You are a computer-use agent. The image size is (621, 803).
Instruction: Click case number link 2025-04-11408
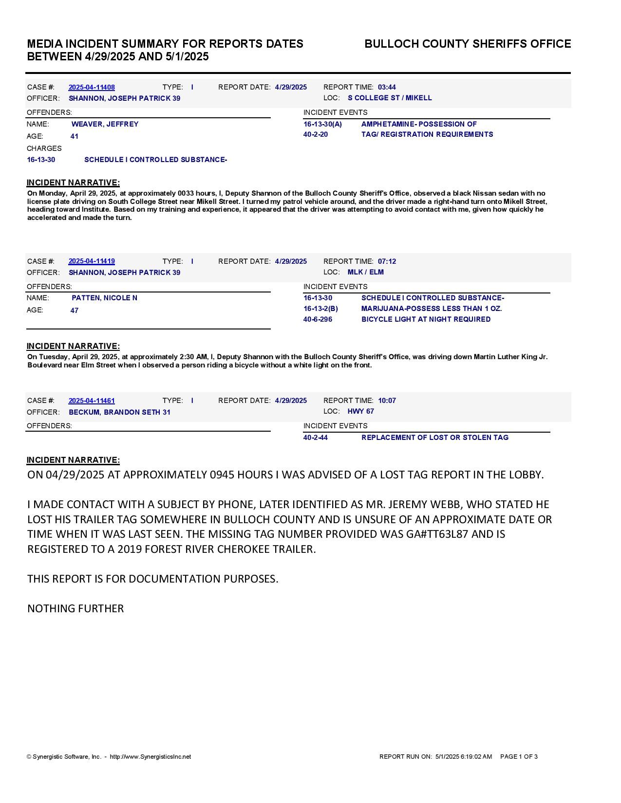tap(92, 88)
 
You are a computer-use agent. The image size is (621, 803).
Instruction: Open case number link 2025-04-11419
tap(92, 261)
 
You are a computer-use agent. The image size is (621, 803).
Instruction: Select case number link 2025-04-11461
tap(92, 401)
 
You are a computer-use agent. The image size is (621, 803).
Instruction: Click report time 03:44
tap(387, 88)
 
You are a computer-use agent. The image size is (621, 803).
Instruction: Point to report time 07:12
tap(387, 261)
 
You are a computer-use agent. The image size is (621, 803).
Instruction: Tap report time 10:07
tap(387, 401)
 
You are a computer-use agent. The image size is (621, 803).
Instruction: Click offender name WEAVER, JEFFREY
tap(105, 124)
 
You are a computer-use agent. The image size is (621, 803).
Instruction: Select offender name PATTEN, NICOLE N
tap(104, 298)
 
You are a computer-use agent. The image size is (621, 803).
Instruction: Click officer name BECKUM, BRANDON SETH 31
tap(119, 412)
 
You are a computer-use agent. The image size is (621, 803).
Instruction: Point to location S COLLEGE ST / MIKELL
tap(390, 98)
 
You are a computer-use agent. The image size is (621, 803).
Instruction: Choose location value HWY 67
tap(360, 411)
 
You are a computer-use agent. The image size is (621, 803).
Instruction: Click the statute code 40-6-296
tap(318, 319)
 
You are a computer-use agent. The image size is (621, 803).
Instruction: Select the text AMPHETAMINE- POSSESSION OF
tap(419, 124)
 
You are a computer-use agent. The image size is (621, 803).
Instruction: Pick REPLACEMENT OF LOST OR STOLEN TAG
tap(434, 438)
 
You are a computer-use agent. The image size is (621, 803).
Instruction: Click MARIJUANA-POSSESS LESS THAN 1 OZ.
tap(432, 309)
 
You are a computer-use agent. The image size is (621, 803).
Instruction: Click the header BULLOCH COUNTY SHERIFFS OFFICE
tap(468, 44)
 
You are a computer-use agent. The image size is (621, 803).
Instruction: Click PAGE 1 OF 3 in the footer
tap(519, 757)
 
